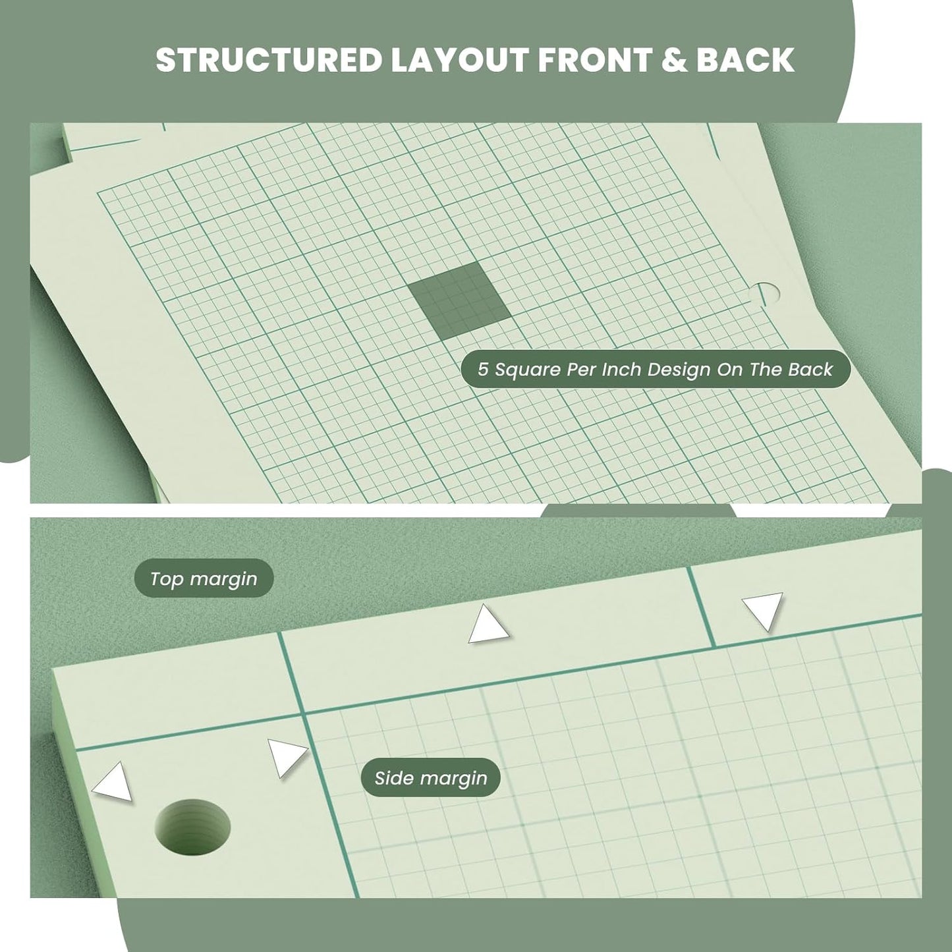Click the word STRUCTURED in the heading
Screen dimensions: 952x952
[269, 60]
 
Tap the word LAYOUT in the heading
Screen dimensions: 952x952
[459, 60]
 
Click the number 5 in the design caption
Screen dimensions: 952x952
[484, 370]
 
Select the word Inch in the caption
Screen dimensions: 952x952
[621, 370]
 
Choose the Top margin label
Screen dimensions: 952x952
[204, 578]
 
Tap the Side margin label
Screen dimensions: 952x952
[431, 779]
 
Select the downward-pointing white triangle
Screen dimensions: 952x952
[764, 609]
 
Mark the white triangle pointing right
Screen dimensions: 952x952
[285, 756]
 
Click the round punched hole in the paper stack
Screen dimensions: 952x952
[193, 824]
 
